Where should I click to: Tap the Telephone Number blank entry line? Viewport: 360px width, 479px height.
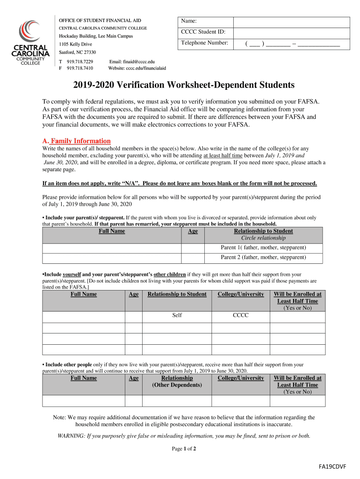292,44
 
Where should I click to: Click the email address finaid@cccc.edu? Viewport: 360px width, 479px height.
132,62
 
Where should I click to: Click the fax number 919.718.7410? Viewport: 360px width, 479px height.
80,68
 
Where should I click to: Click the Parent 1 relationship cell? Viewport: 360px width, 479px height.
263,247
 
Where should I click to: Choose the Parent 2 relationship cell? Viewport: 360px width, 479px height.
263,258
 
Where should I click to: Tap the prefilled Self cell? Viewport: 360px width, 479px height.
177,316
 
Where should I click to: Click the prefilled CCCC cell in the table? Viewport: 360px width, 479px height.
241,316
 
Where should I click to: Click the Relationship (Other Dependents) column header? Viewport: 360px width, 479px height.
177,382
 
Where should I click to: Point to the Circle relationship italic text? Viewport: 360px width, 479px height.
263,238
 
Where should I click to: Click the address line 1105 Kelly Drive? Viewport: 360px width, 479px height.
75,44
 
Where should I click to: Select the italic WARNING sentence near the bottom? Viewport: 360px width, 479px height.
183,436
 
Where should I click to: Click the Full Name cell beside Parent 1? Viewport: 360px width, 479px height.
112,247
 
